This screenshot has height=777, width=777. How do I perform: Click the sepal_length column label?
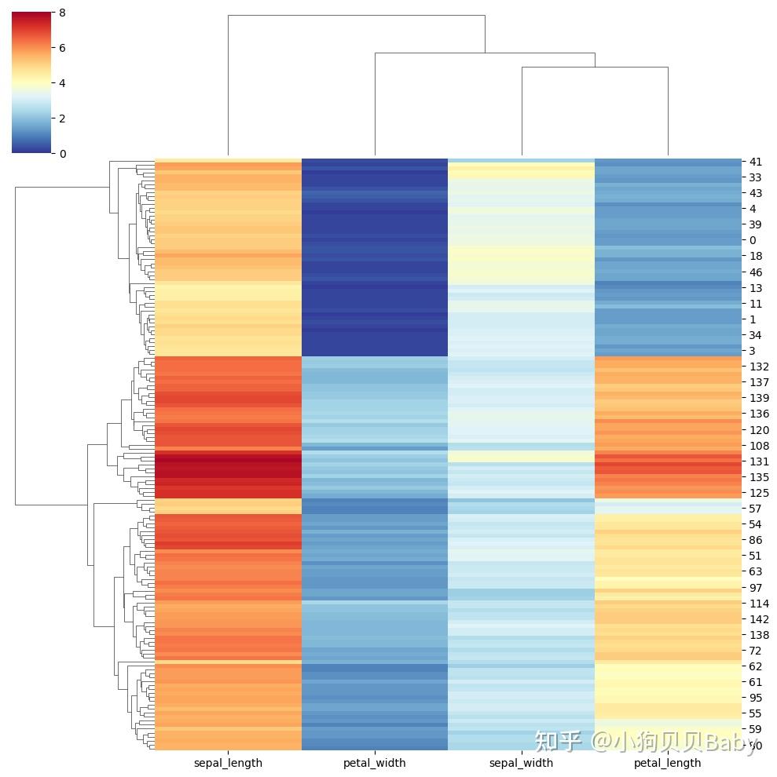click(x=228, y=763)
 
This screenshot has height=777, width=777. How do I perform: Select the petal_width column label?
click(x=375, y=763)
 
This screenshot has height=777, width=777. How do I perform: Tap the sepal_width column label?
click(x=521, y=763)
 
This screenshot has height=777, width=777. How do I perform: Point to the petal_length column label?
click(x=668, y=763)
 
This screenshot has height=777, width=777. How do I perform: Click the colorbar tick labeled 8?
click(x=62, y=13)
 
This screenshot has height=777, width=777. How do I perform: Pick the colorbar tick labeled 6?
click(x=62, y=48)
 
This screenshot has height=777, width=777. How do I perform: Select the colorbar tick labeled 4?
click(x=62, y=83)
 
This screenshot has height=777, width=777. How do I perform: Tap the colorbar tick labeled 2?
click(x=62, y=119)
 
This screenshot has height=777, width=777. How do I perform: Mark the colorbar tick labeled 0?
click(x=62, y=154)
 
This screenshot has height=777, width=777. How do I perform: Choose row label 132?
click(x=758, y=367)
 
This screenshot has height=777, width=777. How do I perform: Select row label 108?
click(x=758, y=446)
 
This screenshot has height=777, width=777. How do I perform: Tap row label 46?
click(x=755, y=272)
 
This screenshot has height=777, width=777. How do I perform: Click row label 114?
click(x=758, y=604)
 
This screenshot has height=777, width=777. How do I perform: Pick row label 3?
click(x=753, y=351)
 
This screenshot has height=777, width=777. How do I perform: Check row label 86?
click(x=755, y=541)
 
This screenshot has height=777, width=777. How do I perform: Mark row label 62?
click(x=755, y=666)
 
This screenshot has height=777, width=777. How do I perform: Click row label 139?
click(x=758, y=398)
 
